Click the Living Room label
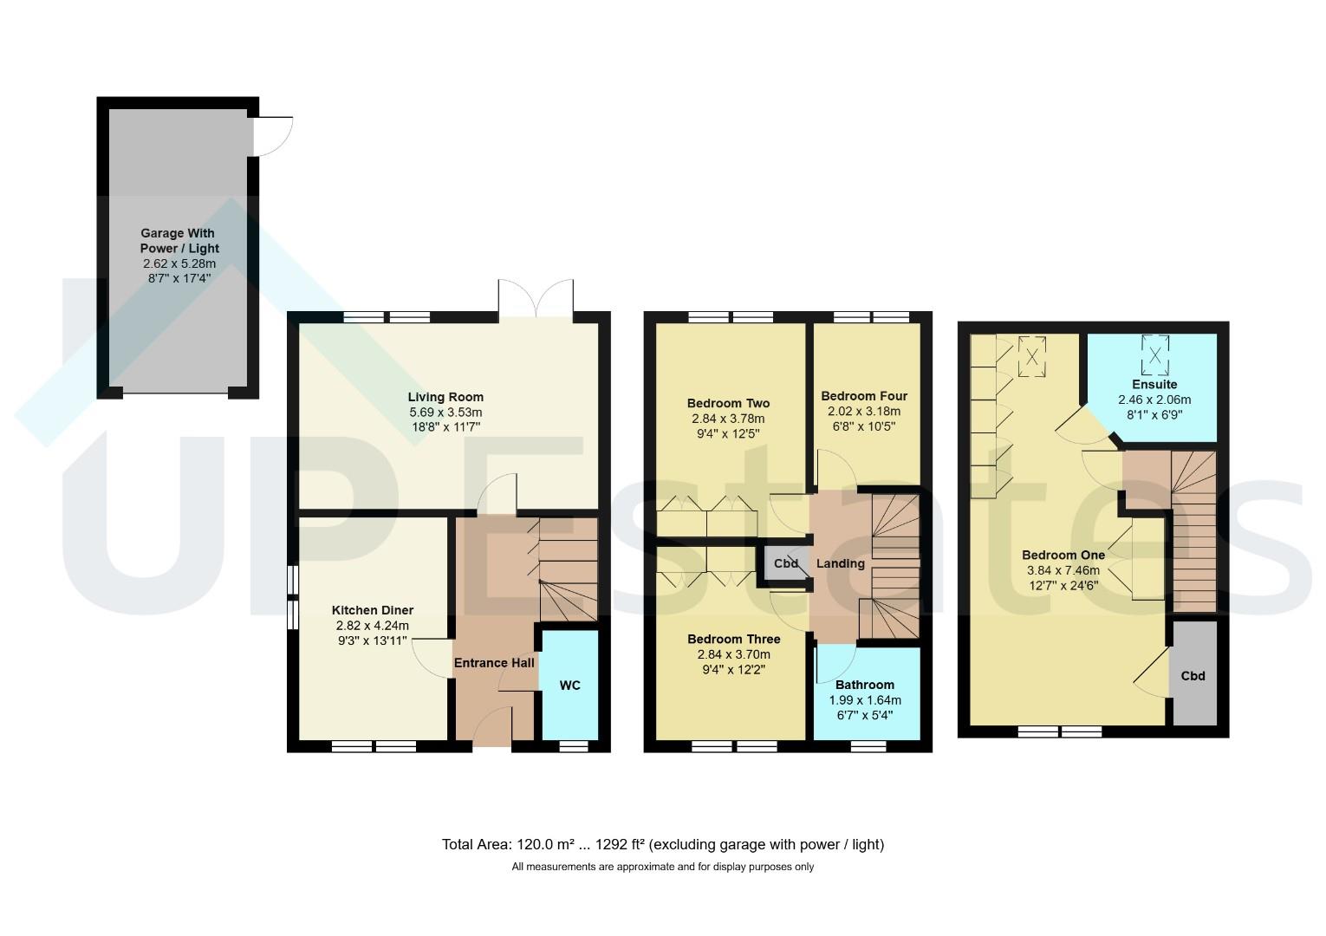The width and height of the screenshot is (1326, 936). tap(445, 397)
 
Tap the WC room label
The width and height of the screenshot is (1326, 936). tap(569, 685)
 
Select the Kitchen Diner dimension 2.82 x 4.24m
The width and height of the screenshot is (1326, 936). tap(373, 625)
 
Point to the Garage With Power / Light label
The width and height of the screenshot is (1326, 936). tap(179, 240)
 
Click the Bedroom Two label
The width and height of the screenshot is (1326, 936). tap(728, 403)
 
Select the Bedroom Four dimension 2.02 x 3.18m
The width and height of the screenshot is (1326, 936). tap(864, 411)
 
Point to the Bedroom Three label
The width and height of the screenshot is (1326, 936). tap(733, 639)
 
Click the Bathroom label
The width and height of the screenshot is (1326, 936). tap(864, 685)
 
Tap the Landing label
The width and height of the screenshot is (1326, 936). tap(840, 563)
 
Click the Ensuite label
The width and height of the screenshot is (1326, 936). tap(1154, 384)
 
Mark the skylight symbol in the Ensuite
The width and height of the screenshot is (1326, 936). tap(1155, 355)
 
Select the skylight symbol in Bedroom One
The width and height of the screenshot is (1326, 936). tap(1032, 356)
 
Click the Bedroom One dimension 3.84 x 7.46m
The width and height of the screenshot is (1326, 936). tap(1063, 570)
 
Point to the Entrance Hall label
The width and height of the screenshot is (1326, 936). tap(494, 663)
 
